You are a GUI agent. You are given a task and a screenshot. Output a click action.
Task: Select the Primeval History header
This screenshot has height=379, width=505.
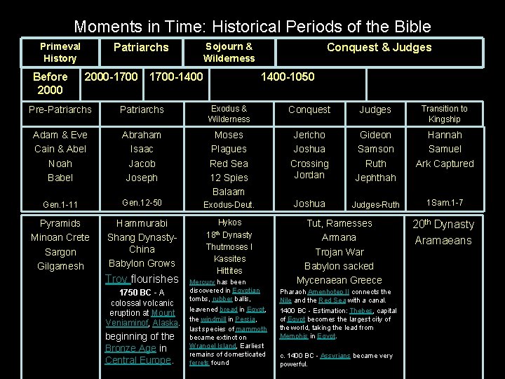tap(60, 53)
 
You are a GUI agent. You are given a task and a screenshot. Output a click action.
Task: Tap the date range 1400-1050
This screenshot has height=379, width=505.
tap(288, 77)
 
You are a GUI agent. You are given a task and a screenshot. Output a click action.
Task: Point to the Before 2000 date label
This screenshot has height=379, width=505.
tap(50, 83)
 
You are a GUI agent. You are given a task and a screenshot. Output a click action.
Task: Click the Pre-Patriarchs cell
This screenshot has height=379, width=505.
tap(60, 109)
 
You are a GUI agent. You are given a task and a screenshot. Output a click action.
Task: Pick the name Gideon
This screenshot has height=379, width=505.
tap(375, 135)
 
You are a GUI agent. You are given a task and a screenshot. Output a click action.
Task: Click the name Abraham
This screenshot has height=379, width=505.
tap(142, 135)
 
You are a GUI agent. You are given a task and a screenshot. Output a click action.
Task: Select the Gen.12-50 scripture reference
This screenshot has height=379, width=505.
tap(142, 203)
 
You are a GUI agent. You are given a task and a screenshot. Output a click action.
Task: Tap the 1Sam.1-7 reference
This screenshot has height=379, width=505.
tap(444, 203)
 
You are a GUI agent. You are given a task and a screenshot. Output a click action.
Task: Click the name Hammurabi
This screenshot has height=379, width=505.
tap(142, 223)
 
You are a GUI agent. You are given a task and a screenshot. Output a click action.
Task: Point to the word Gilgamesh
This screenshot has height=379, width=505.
tap(60, 266)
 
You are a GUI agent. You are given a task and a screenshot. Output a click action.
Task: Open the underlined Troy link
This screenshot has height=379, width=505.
tap(116, 279)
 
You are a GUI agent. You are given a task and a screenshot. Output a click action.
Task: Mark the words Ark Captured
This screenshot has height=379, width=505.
tap(444, 164)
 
